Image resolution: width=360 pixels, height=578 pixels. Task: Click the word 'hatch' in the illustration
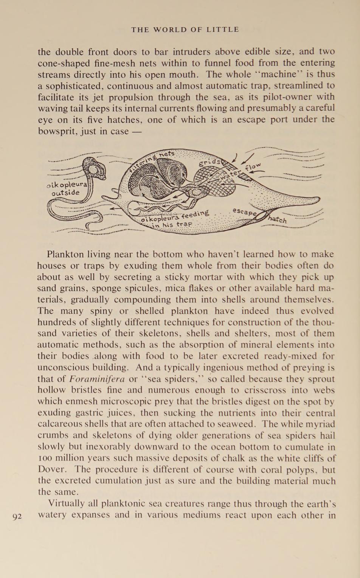(x=277, y=219)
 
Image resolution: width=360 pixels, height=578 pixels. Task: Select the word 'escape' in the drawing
(x=244, y=212)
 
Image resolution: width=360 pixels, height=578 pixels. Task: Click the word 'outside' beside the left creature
(x=66, y=193)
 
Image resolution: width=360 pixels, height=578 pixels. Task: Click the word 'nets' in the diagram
(x=167, y=154)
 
